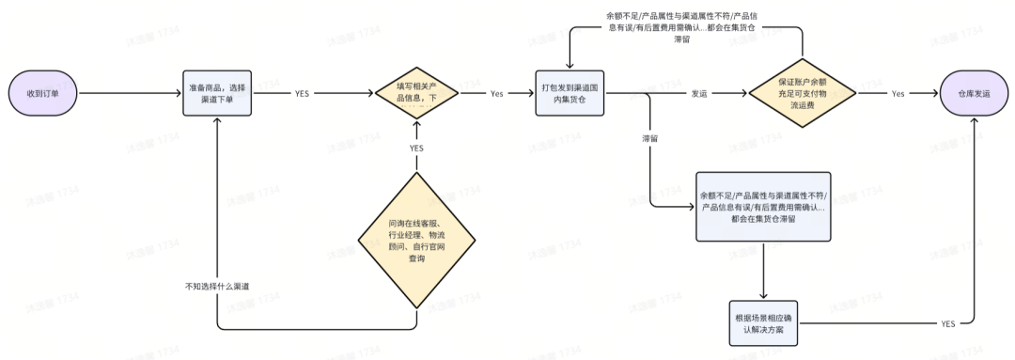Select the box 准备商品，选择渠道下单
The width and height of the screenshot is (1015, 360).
(x=217, y=94)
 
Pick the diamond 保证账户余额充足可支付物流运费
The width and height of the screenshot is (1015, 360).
(x=803, y=94)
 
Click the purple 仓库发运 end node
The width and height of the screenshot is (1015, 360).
(x=973, y=94)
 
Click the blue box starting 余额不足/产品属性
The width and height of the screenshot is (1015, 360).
(x=763, y=206)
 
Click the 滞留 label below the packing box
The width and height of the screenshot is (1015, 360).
(x=649, y=137)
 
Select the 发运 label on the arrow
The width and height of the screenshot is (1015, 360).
(x=699, y=94)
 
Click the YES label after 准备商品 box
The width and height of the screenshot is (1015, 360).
(x=303, y=94)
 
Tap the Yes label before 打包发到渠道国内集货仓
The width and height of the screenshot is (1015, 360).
(x=497, y=94)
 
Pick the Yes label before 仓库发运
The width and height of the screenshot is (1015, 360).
(x=898, y=94)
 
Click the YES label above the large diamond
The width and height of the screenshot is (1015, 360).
(x=416, y=149)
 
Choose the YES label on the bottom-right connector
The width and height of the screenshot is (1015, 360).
(x=947, y=323)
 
